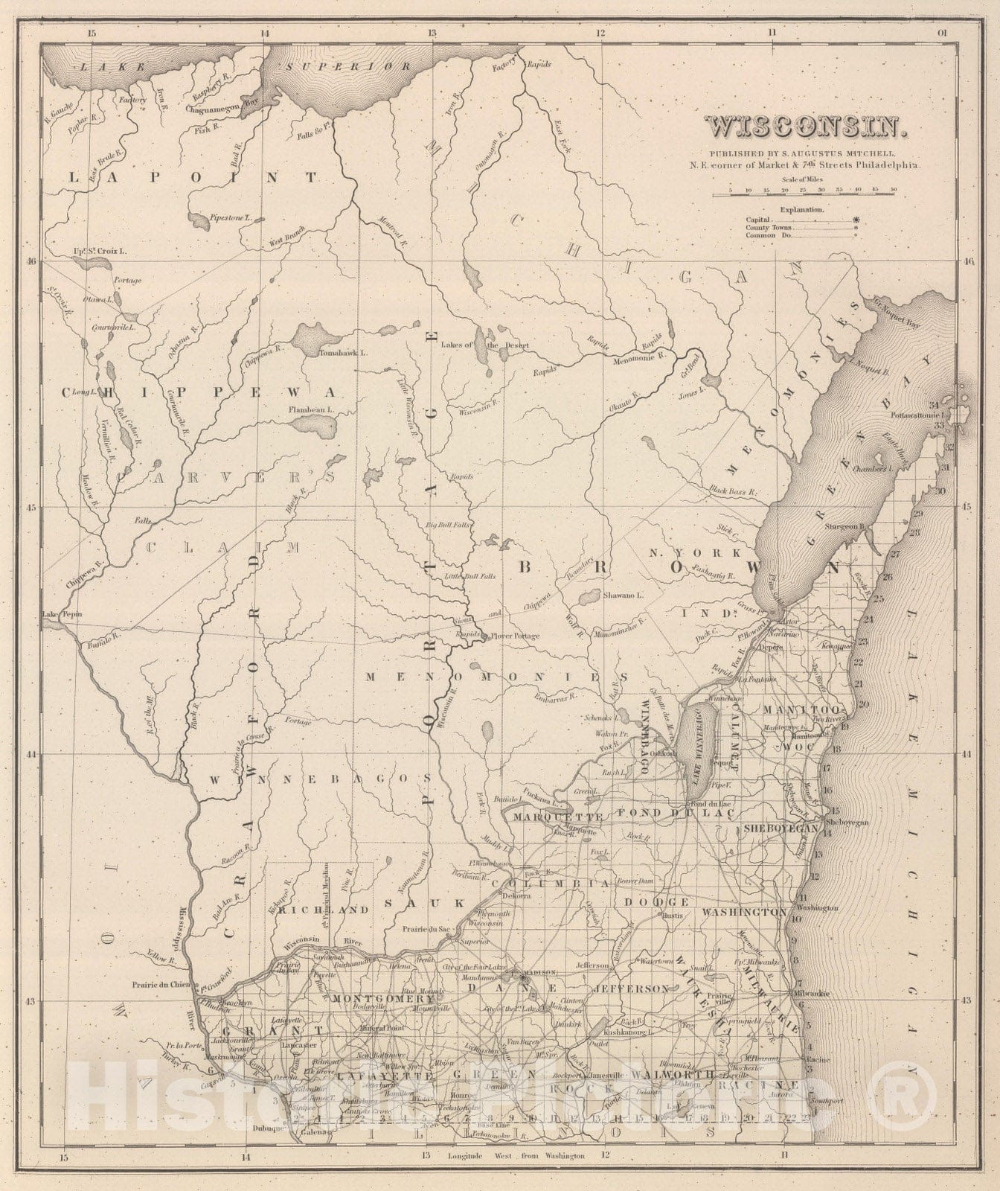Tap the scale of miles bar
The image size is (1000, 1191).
803,194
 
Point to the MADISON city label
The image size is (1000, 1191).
541,972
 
